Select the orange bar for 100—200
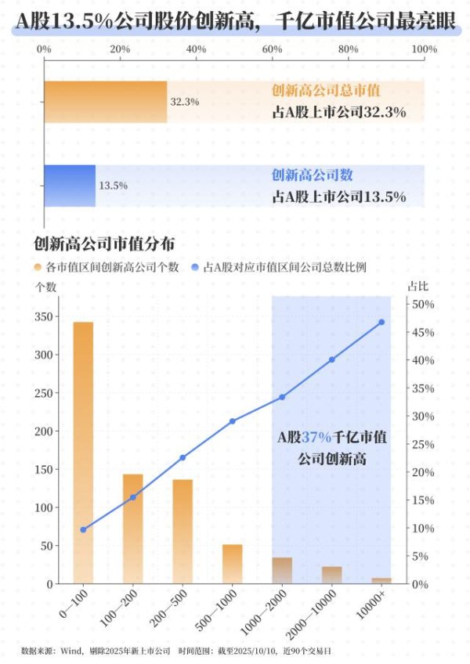pyautogui.click(x=133, y=529)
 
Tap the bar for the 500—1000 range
pyautogui.click(x=233, y=564)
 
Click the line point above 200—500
pyautogui.click(x=183, y=457)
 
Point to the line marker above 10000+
pyautogui.click(x=381, y=322)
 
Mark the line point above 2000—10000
pyautogui.click(x=331, y=359)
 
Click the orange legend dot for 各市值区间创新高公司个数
pyautogui.click(x=38, y=267)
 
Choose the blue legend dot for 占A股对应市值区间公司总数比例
pyautogui.click(x=195, y=267)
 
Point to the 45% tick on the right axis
pyautogui.click(x=422, y=333)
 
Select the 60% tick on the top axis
pyautogui.click(x=272, y=49)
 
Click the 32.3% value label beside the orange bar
pyautogui.click(x=185, y=102)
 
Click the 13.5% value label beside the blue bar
pyautogui.click(x=113, y=186)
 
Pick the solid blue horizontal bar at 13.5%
pyautogui.click(x=70, y=186)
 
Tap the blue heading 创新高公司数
pyautogui.click(x=312, y=175)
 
